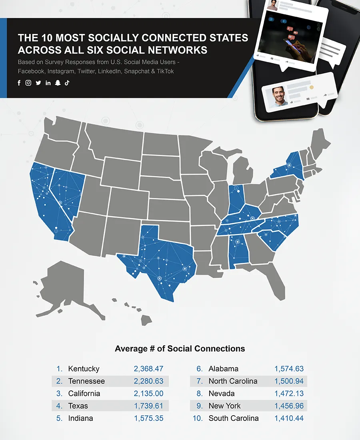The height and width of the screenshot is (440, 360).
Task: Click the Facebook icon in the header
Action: pyautogui.click(x=19, y=83)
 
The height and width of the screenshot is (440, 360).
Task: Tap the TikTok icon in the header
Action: pyautogui.click(x=67, y=83)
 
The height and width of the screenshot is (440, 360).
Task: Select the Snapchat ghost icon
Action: pyautogui.click(x=58, y=83)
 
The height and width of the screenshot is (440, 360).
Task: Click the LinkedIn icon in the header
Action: pyautogui.click(x=48, y=83)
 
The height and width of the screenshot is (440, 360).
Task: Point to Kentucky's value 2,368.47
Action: pyautogui.click(x=148, y=369)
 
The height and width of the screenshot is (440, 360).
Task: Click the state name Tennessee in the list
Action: pyautogui.click(x=86, y=381)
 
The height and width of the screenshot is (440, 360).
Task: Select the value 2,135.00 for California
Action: pyautogui.click(x=148, y=394)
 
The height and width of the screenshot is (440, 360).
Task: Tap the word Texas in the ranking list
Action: pyautogui.click(x=78, y=406)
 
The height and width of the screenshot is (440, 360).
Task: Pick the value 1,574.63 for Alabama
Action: pyautogui.click(x=289, y=369)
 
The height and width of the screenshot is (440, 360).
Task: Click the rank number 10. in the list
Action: pyautogui.click(x=198, y=418)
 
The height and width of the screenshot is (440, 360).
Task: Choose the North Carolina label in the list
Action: pyautogui.click(x=233, y=381)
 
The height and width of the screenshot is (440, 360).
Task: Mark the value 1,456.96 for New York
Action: pyautogui.click(x=289, y=406)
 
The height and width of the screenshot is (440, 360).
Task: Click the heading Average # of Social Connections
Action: pyautogui.click(x=180, y=348)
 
